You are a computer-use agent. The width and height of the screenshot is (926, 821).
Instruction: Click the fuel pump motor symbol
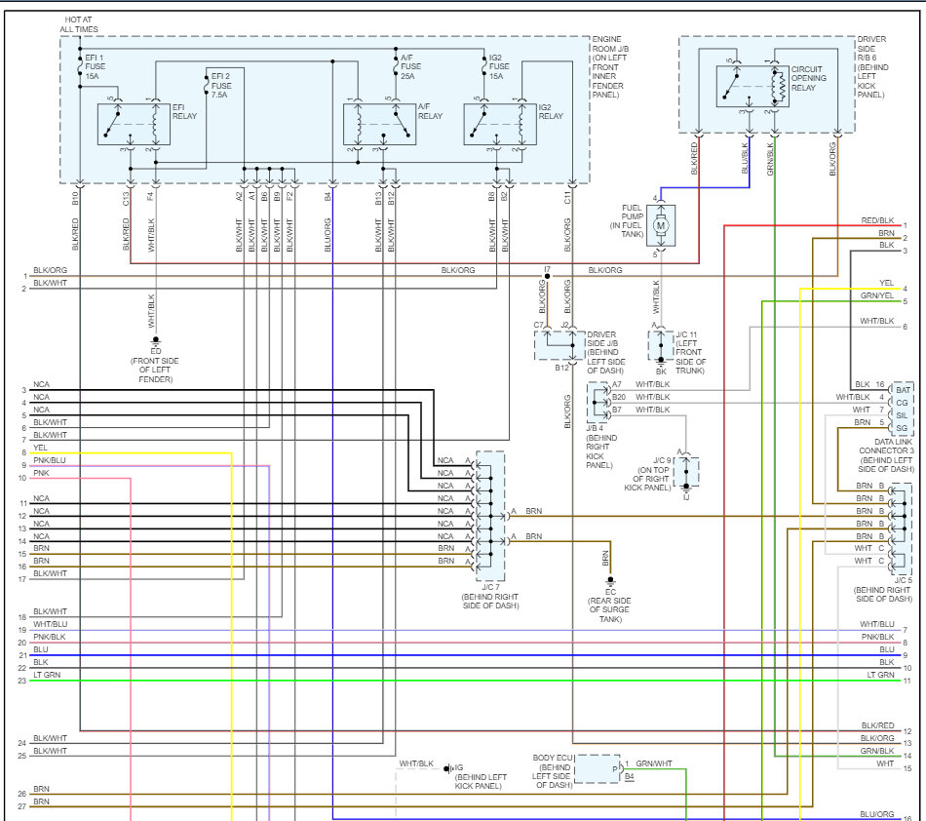point(661,226)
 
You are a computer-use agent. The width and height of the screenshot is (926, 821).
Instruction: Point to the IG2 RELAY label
point(550,110)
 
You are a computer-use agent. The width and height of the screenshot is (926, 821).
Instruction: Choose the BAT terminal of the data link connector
point(903,389)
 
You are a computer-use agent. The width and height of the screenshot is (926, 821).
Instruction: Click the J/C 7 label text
point(490,596)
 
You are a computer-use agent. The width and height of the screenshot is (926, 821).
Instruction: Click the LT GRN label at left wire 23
point(46,681)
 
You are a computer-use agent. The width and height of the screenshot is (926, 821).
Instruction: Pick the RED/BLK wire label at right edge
point(877,221)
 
